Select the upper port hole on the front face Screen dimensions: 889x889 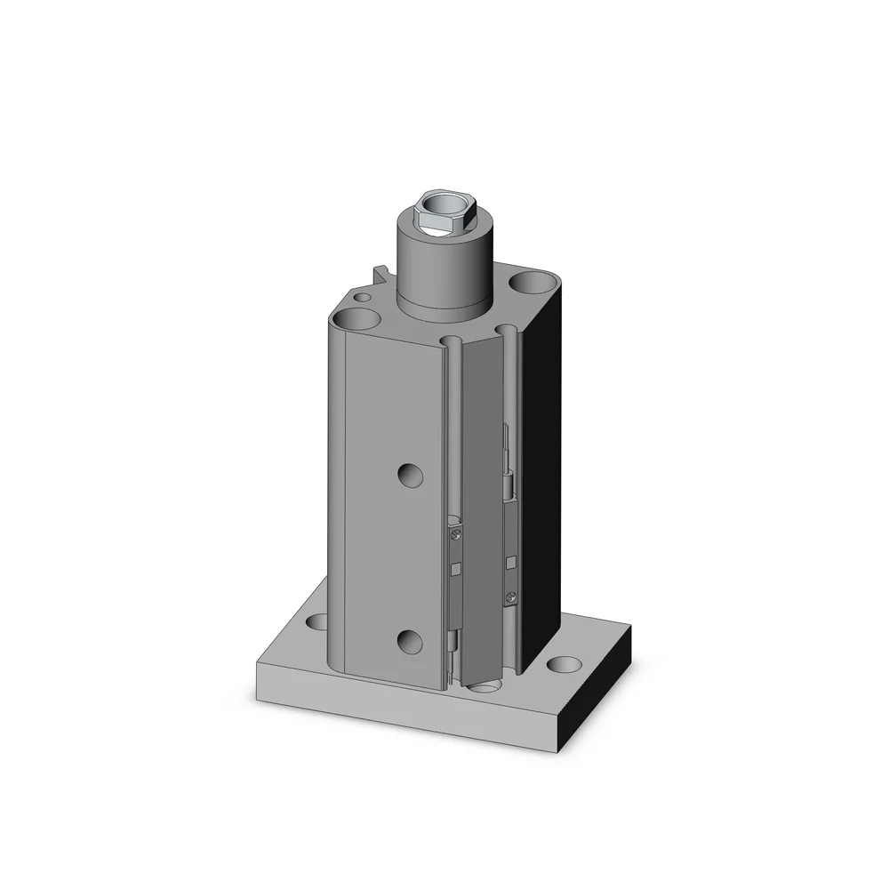[410, 474]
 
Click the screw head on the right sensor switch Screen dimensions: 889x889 [510, 597]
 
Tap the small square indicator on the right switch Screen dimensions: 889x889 [511, 561]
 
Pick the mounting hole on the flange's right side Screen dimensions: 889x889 [560, 663]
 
